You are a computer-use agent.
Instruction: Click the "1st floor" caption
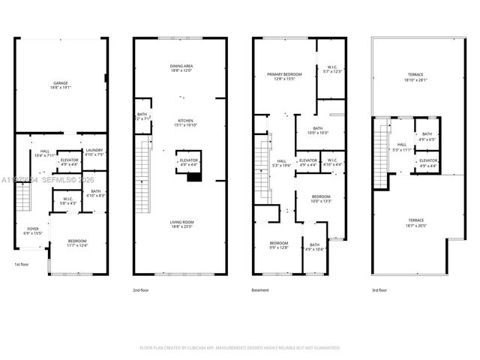[22, 265]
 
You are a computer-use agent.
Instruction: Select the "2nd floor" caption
[140, 289]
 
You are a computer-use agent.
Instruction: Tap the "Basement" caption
[259, 289]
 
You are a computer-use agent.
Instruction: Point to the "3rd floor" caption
[379, 289]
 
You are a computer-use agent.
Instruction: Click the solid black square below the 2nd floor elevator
[193, 177]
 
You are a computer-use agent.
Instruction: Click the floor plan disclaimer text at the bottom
[240, 348]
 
